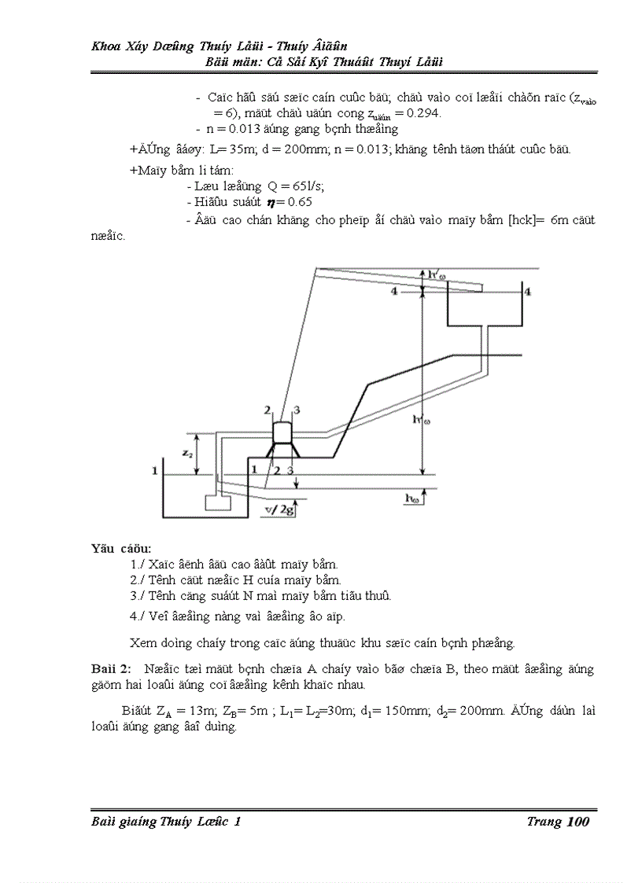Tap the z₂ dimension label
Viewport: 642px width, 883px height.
185,453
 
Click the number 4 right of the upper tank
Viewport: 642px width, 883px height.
527,292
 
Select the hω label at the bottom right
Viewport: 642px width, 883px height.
411,498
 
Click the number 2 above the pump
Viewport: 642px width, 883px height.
267,410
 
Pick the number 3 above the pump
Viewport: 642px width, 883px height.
297,410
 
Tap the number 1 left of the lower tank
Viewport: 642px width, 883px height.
156,470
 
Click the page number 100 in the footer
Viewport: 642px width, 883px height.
577,822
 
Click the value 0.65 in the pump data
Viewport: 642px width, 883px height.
298,202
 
